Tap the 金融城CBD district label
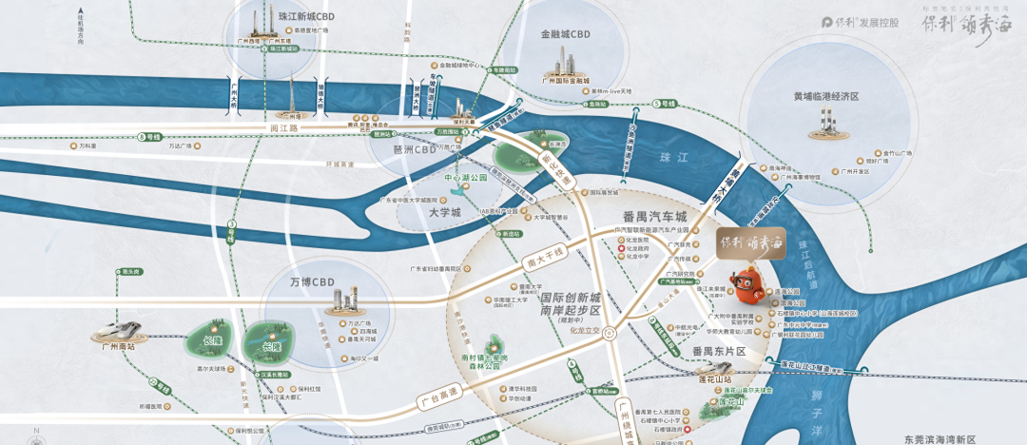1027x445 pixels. click(x=566, y=35)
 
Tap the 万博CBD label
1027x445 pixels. click(x=313, y=281)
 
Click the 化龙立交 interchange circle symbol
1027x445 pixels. click(x=609, y=334)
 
